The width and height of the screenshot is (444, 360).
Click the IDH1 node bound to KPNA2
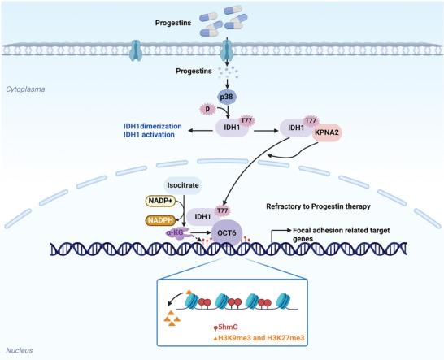pos(294,128)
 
